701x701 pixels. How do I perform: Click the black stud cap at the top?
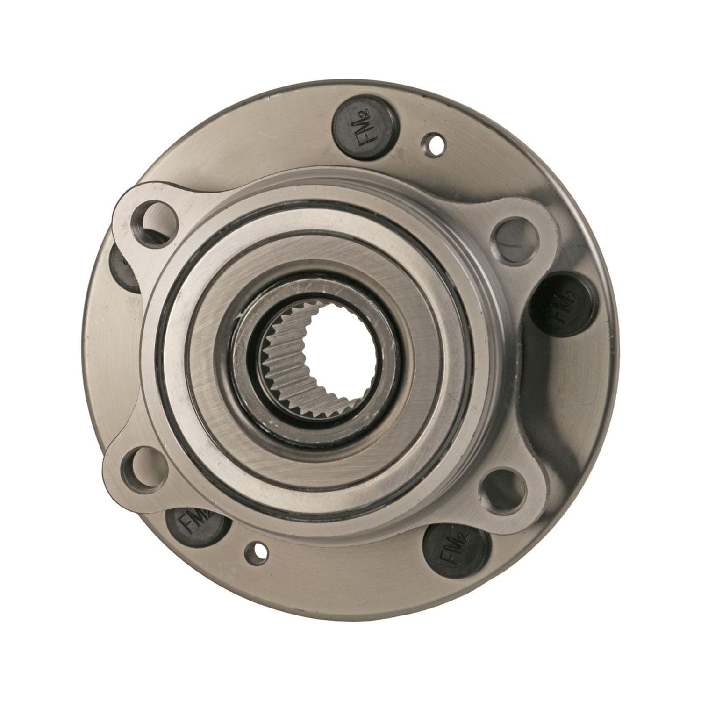pyautogui.click(x=365, y=128)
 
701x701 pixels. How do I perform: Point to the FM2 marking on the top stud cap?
pyautogui.click(x=365, y=128)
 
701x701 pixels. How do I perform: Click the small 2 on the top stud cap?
pyautogui.click(x=366, y=113)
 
